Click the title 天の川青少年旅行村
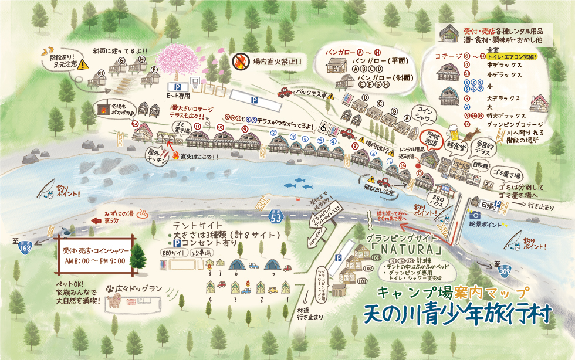tap(458, 313)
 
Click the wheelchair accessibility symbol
tap(322, 127)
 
